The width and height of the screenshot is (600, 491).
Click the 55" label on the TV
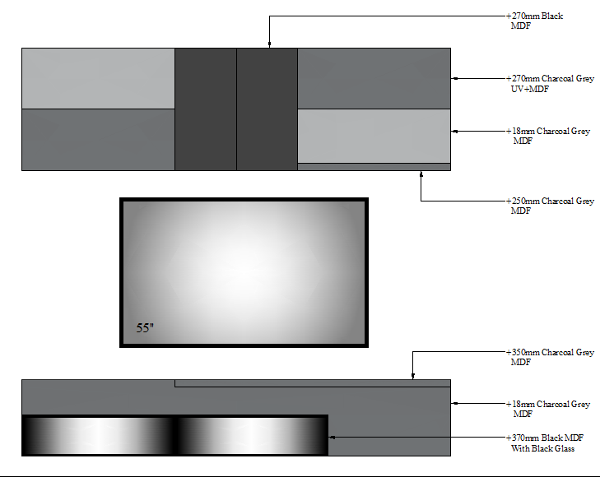click(x=145, y=327)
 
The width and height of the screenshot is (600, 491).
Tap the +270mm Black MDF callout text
click(x=534, y=21)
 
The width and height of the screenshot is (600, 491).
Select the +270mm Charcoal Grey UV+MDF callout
click(x=550, y=83)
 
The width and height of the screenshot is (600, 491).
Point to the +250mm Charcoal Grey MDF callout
click(x=550, y=206)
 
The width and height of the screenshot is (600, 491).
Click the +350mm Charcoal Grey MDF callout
click(x=550, y=357)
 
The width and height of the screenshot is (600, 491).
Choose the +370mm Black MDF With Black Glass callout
click(x=545, y=442)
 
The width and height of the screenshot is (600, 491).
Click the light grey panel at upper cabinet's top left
click(x=98, y=78)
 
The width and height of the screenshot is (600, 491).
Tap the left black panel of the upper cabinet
click(x=206, y=109)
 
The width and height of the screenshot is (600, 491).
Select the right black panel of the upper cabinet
click(x=267, y=109)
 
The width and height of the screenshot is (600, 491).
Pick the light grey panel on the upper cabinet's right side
click(x=374, y=137)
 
